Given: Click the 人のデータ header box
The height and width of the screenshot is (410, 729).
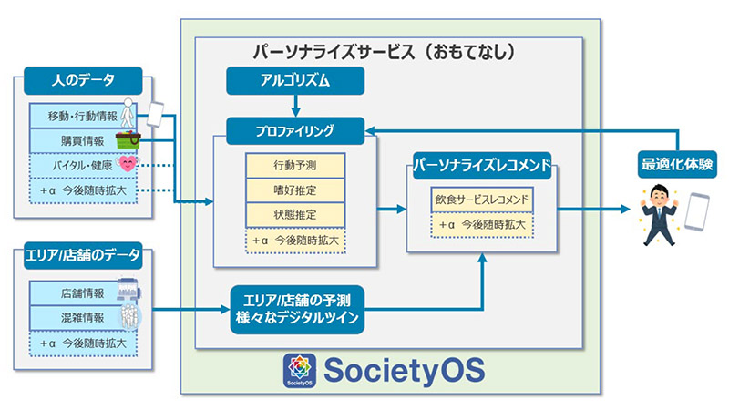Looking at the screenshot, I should point(83,80).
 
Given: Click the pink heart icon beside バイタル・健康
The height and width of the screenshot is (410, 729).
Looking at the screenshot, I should point(128,165).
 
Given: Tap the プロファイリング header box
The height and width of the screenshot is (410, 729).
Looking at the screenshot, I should point(294,130).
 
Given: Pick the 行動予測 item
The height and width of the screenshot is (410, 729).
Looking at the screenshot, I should point(294,166).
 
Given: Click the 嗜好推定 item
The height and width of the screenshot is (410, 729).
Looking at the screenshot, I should point(294,190).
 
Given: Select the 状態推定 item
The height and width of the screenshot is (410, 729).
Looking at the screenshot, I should point(294,215).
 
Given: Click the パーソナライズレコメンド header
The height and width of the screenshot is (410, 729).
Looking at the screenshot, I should point(481,168).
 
